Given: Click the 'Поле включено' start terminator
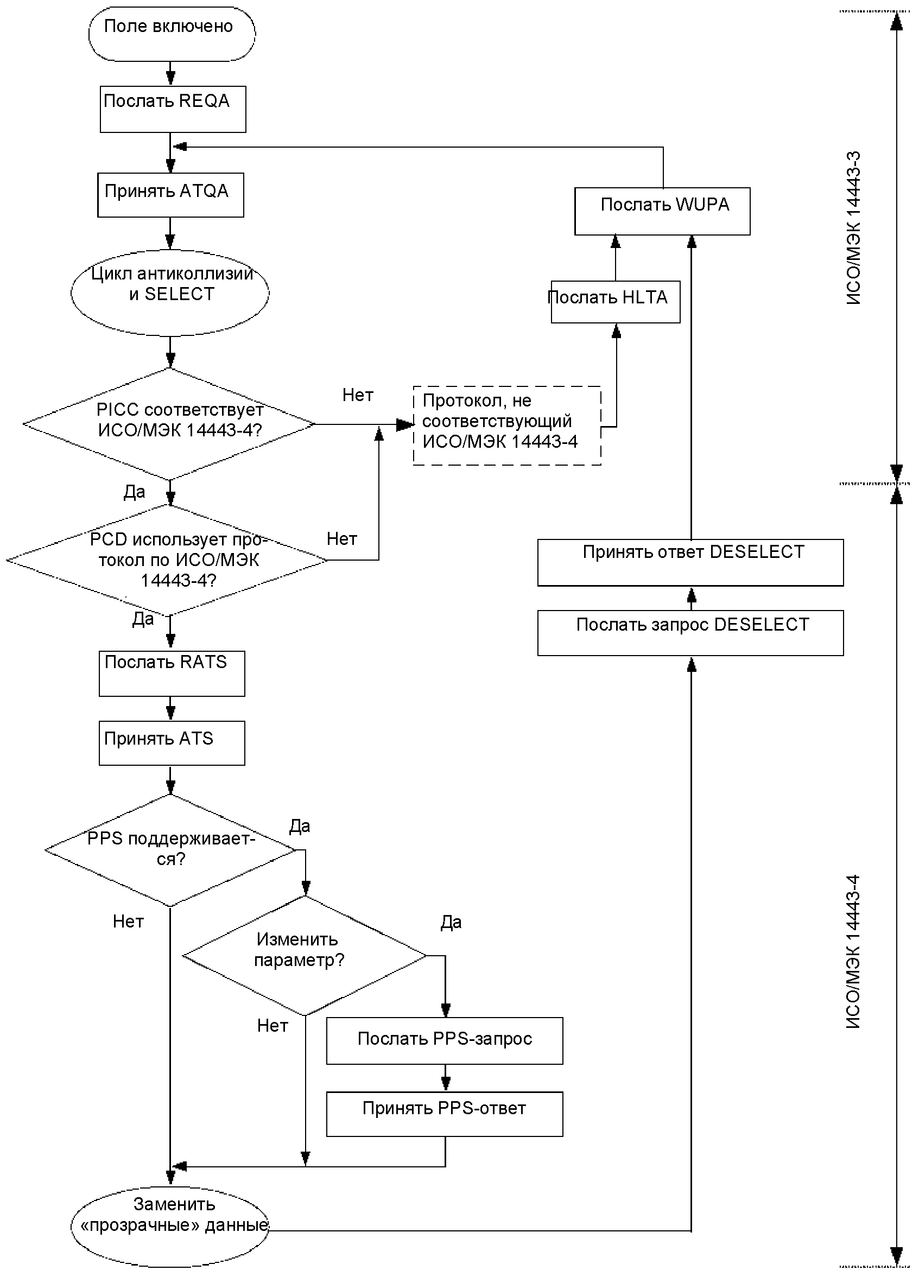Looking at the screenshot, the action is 172,34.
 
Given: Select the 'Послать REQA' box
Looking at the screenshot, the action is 173,109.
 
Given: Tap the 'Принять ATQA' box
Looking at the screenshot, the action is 170,195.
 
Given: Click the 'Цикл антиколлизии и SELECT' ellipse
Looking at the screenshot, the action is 170,293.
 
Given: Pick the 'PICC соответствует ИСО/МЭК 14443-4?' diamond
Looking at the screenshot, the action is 169,424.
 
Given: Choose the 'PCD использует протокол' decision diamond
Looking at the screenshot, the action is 167,560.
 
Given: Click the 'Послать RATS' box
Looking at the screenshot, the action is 172,674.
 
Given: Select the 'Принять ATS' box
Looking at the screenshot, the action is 172,742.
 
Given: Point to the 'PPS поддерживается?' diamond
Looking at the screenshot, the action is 170,850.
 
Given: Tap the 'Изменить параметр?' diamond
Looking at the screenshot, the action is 305,956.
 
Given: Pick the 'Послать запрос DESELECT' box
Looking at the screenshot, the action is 690,633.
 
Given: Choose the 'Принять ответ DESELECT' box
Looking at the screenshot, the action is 690,562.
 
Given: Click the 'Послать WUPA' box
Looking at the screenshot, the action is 662,211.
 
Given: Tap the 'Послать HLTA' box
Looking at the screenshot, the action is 616,302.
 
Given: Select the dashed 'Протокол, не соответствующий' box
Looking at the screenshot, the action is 507,425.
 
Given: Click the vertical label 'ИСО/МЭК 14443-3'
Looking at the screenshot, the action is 854,228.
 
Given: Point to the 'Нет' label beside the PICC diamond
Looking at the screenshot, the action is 358,395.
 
